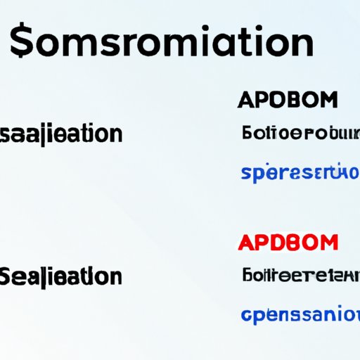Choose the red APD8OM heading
tap(288, 243)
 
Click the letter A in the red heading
tap(247, 243)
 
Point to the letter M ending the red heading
tap(327, 243)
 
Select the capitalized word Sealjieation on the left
tap(61, 276)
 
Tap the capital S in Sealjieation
tap(8, 275)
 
